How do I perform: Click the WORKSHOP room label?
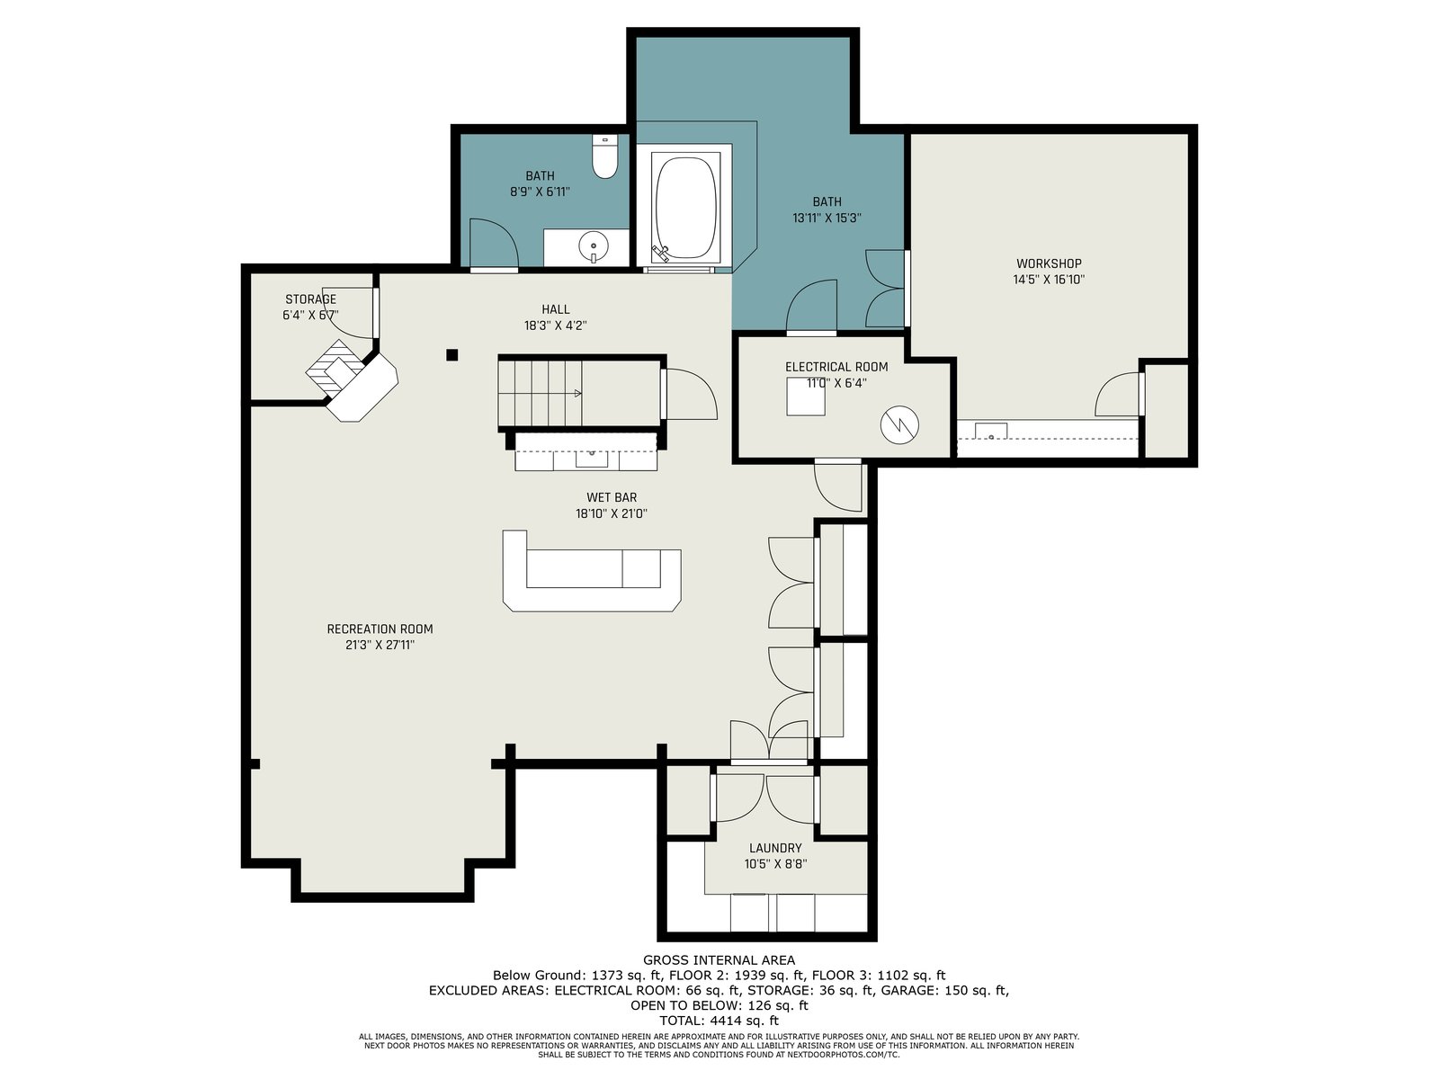coord(1049,263)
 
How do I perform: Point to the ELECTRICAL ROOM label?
coord(836,367)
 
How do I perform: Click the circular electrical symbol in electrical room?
coord(899,425)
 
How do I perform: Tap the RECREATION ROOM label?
coord(380,629)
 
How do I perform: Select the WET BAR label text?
coord(611,498)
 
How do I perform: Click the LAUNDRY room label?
coord(775,848)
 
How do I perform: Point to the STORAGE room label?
coord(310,299)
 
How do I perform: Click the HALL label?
coord(555,309)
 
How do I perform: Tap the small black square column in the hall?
coord(451,355)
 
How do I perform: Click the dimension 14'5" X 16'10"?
coord(1049,280)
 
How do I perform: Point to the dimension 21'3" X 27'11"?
coord(380,646)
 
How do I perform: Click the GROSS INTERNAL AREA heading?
coord(719,960)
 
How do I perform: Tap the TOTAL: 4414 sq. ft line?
coord(719,1021)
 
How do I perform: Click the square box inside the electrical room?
coord(806,397)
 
